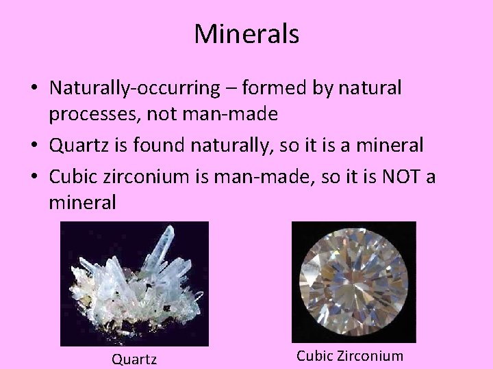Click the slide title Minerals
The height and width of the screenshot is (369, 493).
click(x=246, y=34)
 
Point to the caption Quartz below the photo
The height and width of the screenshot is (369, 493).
click(x=134, y=358)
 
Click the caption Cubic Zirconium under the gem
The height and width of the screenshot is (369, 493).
click(x=350, y=356)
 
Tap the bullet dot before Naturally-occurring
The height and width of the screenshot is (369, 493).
click(x=34, y=89)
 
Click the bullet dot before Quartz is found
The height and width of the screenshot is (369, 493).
click(x=34, y=146)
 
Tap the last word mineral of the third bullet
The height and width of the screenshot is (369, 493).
click(x=82, y=202)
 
